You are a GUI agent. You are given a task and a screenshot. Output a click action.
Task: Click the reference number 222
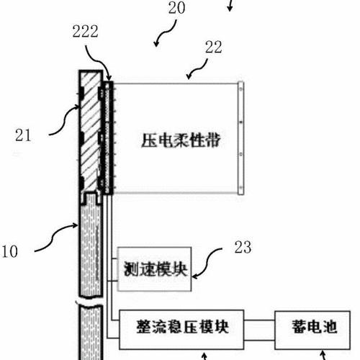85,31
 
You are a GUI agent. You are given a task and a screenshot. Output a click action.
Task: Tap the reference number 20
176,8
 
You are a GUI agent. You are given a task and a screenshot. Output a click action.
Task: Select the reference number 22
213,47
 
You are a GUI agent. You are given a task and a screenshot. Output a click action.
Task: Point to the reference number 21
23,135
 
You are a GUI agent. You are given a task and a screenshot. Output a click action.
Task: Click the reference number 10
9,251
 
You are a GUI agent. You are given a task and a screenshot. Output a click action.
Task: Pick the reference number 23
243,247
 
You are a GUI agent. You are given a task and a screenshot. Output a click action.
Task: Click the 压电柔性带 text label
181,140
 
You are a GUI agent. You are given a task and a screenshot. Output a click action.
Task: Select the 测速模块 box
154,269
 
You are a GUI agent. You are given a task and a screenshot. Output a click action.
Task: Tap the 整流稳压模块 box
181,330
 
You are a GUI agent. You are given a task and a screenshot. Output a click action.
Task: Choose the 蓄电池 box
312,330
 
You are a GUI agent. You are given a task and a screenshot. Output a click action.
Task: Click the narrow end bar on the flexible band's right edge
240,138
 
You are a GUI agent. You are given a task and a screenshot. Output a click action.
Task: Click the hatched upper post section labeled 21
91,132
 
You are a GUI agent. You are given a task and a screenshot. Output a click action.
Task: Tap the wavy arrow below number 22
198,69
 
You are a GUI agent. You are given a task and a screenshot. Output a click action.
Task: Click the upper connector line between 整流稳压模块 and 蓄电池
259,320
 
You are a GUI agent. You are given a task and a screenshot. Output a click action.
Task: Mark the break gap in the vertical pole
91,301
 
